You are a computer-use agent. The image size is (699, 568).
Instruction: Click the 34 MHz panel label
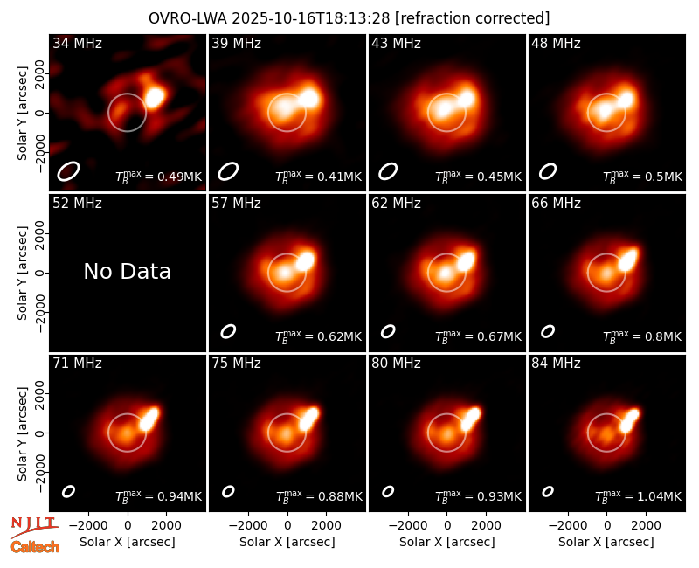(x=77, y=43)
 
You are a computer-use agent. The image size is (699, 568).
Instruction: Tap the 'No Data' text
(x=127, y=271)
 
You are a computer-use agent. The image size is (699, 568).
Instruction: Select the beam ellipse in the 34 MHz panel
(x=68, y=171)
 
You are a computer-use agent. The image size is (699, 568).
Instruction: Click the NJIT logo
(x=34, y=526)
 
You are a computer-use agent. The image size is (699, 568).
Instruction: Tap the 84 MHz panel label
(x=556, y=364)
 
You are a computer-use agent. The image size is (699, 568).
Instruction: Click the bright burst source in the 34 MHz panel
(x=155, y=98)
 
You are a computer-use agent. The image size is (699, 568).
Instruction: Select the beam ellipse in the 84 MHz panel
(x=548, y=491)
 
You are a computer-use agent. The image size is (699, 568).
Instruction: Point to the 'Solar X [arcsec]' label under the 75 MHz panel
(x=287, y=542)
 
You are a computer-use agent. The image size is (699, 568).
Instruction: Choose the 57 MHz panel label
(x=236, y=204)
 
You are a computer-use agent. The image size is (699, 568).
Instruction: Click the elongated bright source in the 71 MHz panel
(x=149, y=419)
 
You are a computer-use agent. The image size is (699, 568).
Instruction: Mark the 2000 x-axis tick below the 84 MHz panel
(x=646, y=525)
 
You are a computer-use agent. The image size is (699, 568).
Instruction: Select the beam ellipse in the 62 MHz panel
(x=388, y=331)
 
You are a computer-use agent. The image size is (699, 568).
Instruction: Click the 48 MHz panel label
(x=556, y=43)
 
